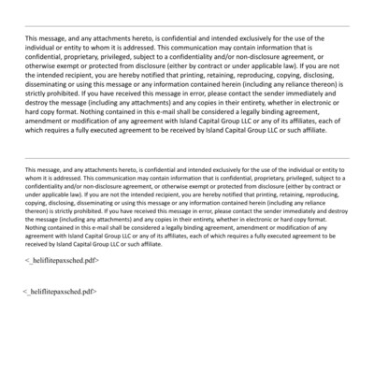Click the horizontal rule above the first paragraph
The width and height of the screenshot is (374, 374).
coord(187,25)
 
